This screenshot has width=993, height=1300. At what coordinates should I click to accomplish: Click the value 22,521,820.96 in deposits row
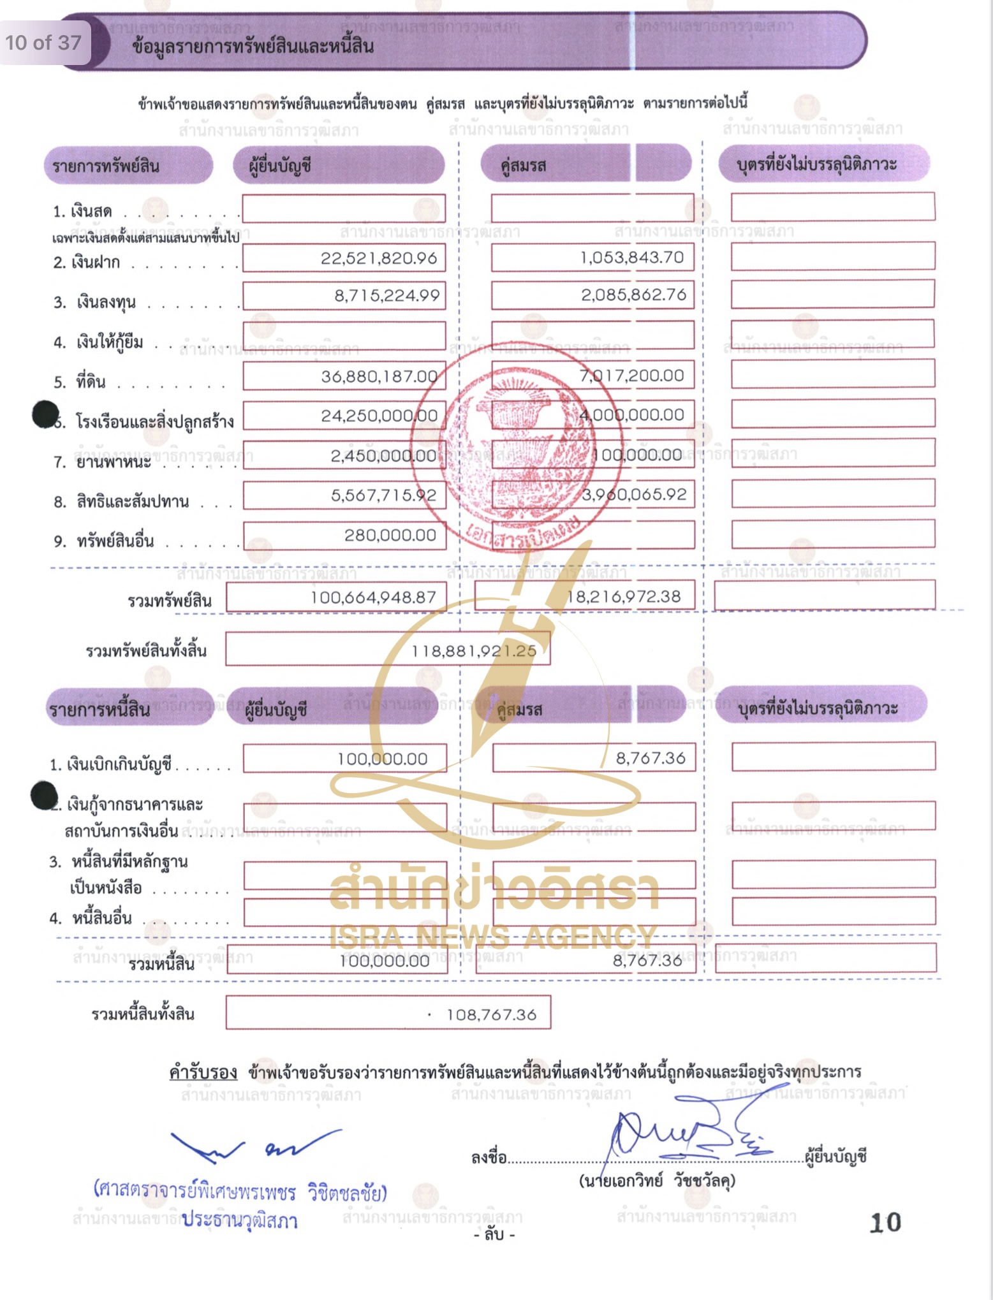click(x=379, y=258)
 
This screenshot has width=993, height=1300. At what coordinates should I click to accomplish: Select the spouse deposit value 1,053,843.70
click(x=631, y=258)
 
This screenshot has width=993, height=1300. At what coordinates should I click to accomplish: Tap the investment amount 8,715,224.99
click(x=387, y=296)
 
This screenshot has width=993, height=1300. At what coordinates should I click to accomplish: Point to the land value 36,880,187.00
click(x=379, y=377)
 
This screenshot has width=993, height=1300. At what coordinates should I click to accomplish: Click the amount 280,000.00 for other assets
click(x=390, y=536)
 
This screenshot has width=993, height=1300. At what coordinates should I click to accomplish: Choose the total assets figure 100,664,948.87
click(x=373, y=597)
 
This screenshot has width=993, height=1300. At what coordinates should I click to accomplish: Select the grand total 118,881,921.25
click(x=473, y=651)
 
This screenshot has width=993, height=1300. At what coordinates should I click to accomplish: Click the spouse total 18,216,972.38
click(x=624, y=597)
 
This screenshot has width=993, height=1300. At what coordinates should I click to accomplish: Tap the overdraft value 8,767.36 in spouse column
click(x=651, y=758)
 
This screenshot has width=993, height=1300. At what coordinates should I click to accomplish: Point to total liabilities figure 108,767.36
click(x=491, y=1014)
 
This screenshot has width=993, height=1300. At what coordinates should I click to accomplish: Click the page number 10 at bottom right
click(x=885, y=1222)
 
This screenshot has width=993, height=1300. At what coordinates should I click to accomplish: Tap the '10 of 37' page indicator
click(x=43, y=43)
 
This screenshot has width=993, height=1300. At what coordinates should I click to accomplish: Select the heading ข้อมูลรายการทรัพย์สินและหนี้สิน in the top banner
click(x=253, y=47)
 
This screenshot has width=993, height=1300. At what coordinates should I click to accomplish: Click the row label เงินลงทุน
click(x=106, y=302)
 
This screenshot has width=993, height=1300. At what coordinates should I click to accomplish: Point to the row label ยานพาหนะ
click(x=114, y=462)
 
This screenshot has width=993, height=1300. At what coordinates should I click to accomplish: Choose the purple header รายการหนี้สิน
click(x=99, y=709)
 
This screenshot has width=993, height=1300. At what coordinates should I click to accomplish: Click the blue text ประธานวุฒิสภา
click(x=239, y=1220)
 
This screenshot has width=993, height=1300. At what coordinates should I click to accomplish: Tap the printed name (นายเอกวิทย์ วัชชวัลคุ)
click(x=656, y=1181)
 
